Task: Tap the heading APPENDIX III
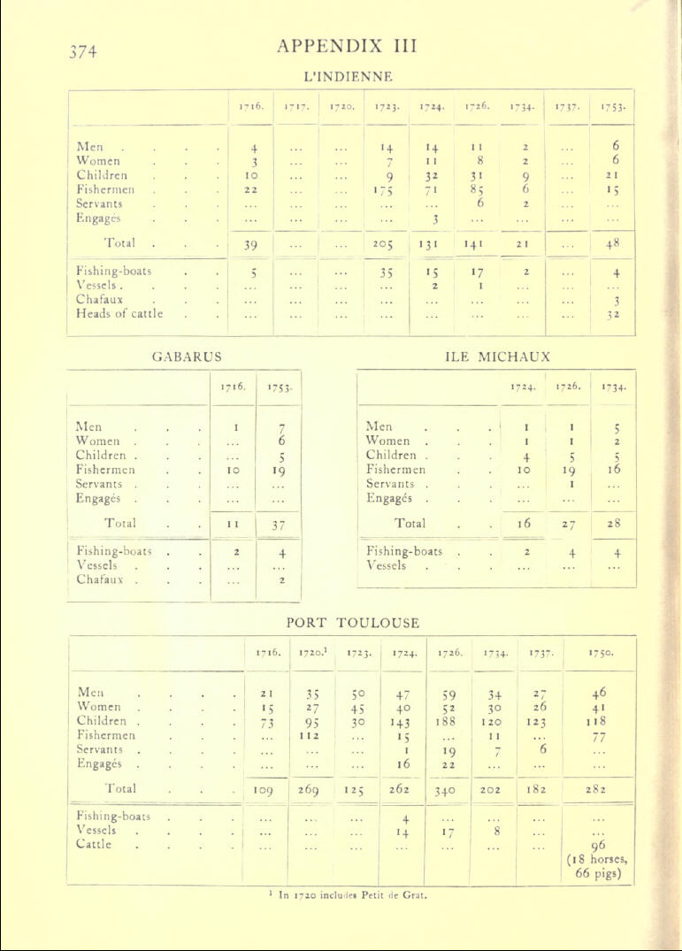[x=347, y=45]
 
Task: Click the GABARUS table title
[x=188, y=357]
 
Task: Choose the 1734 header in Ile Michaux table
[x=612, y=387]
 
